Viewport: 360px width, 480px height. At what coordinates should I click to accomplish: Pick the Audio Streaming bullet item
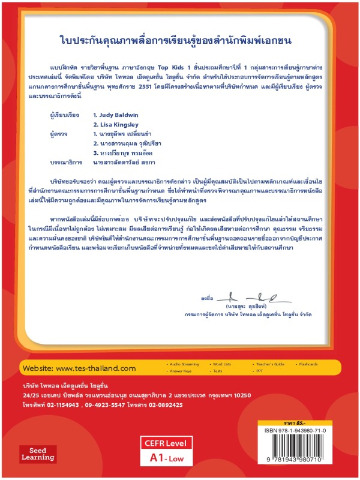click(184, 364)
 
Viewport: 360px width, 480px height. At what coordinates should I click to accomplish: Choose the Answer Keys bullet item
click(181, 371)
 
